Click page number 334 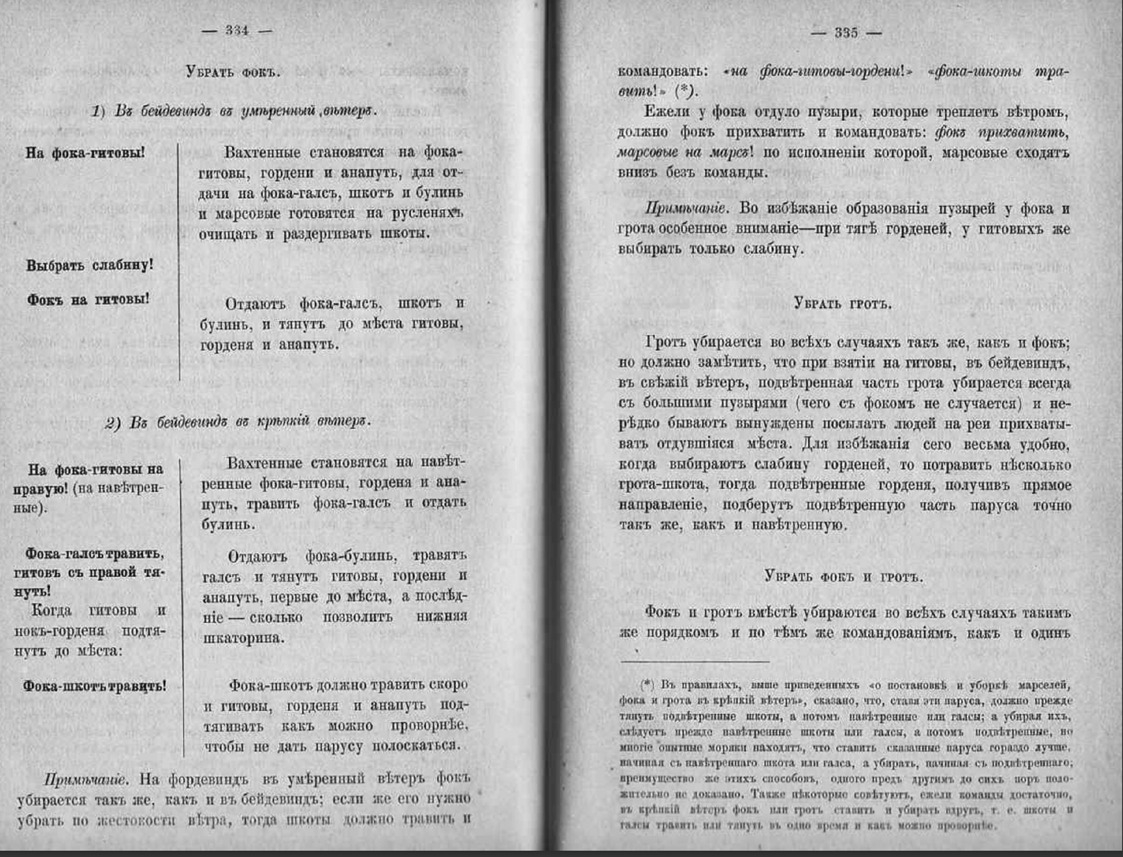coord(237,31)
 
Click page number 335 coord(846,33)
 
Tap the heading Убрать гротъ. coord(843,304)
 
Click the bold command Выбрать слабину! coord(90,266)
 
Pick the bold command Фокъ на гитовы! coord(88,299)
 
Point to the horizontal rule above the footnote coord(694,662)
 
